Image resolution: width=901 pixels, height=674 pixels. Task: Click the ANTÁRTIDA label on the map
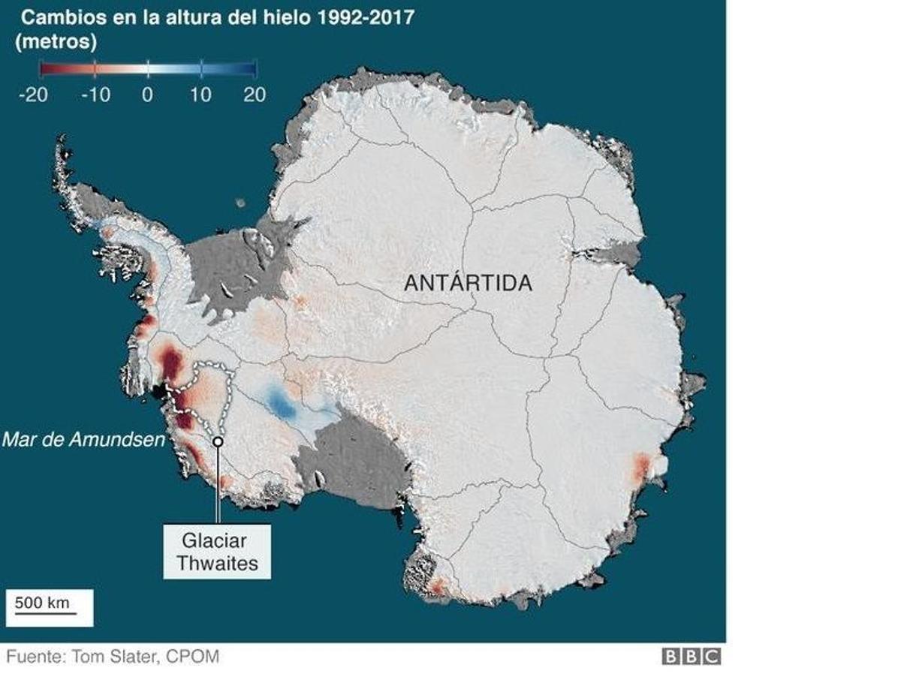pyautogui.click(x=468, y=283)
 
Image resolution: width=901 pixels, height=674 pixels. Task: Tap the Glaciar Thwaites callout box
pyautogui.click(x=216, y=552)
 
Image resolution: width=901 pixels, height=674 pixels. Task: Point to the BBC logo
pyautogui.click(x=691, y=657)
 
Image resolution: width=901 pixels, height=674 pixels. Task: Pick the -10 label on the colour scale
pyautogui.click(x=95, y=95)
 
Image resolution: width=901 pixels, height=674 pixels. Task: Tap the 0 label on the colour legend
pyautogui.click(x=148, y=95)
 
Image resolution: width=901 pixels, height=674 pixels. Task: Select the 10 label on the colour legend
pyautogui.click(x=201, y=95)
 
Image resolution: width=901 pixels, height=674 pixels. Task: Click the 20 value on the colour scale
pyautogui.click(x=254, y=95)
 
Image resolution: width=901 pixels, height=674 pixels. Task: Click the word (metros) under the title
pyautogui.click(x=56, y=43)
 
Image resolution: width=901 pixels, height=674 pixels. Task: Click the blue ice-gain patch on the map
pyautogui.click(x=282, y=405)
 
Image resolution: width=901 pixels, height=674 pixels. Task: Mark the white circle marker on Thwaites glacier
pyautogui.click(x=218, y=442)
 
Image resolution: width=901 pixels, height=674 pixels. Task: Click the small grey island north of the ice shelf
pyautogui.click(x=240, y=203)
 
